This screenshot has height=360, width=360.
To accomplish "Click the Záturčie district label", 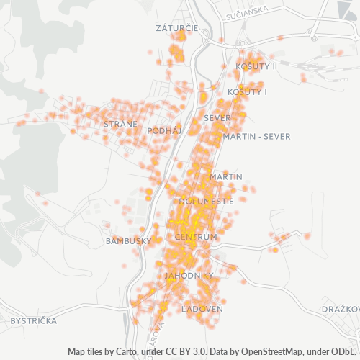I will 176,28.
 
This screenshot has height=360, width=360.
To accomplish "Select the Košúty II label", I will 256,66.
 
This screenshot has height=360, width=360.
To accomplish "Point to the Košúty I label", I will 247,92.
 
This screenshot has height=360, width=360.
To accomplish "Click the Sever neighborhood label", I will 217,117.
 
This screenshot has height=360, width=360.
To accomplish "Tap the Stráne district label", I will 120,125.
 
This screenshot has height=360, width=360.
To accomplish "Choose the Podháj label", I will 163,131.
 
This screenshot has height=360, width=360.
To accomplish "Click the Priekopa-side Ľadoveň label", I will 202,309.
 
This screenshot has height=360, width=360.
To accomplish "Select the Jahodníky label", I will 189,276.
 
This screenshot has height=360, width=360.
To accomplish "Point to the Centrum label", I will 196,237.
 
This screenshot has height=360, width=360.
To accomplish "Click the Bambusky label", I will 127,240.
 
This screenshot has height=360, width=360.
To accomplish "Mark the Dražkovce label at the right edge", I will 341,309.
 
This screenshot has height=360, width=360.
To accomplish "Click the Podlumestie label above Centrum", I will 205,202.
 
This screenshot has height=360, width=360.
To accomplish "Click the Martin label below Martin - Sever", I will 226,176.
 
